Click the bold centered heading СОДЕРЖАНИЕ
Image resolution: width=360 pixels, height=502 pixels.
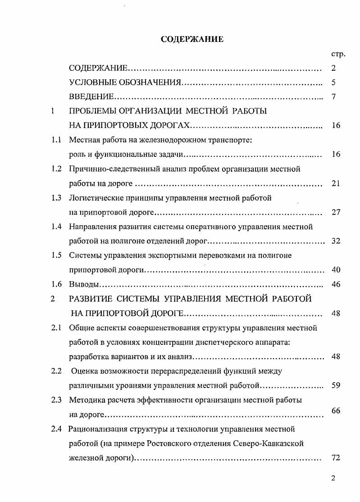tap(192, 40)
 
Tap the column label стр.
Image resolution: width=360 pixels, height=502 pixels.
tap(338, 54)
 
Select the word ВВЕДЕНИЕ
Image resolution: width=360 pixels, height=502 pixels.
tap(91, 97)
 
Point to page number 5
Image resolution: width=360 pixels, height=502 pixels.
tap(333, 83)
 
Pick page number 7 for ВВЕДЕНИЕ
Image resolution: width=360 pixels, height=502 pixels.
tap(333, 97)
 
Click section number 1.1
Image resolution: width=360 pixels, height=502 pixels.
tap(56, 140)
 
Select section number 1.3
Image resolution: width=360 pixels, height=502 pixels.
tap(56, 198)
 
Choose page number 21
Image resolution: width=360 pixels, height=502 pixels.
tap(335, 183)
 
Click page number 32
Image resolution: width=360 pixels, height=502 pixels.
tap(335, 241)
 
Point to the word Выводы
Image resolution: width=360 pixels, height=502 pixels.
tap(84, 284)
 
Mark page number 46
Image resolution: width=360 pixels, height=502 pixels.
tap(335, 284)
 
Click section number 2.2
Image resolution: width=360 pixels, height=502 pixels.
tap(56, 371)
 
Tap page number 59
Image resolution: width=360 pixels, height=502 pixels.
tap(335, 385)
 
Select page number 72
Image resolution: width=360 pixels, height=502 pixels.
tap(335, 458)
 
